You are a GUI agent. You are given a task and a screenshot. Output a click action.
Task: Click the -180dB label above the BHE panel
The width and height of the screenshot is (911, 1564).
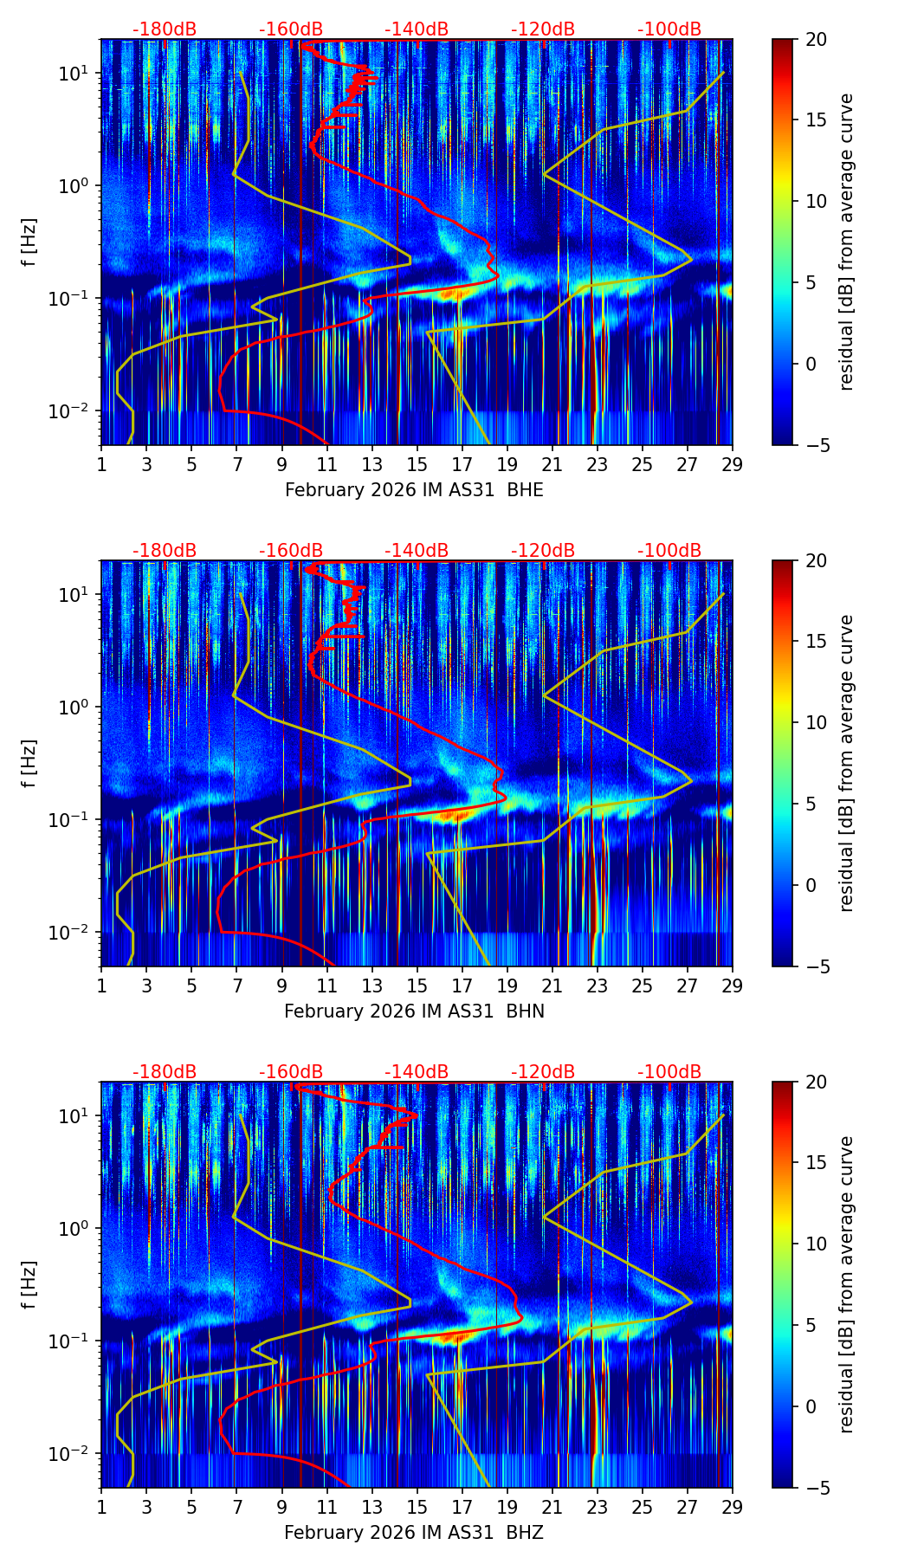click(165, 29)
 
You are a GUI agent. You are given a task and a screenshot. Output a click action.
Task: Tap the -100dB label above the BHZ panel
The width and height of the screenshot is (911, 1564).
click(669, 1072)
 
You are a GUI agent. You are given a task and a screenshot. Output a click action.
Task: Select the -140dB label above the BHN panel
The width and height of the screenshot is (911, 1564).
click(417, 551)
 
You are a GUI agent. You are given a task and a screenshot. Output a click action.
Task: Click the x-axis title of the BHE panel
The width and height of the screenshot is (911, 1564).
click(414, 490)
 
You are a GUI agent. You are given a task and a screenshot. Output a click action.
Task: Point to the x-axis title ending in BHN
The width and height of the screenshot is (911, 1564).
click(414, 1011)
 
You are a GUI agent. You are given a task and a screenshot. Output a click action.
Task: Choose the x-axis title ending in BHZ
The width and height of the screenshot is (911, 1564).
click(414, 1533)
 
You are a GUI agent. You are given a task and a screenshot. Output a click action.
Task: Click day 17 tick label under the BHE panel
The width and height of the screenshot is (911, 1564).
click(462, 463)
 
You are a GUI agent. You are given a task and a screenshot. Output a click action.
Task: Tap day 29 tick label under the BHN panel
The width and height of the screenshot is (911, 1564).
click(732, 985)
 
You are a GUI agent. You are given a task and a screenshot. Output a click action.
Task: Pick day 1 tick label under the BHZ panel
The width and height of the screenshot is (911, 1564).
click(101, 1506)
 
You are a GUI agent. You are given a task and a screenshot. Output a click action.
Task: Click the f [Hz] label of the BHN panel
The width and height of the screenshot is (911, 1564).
click(30, 763)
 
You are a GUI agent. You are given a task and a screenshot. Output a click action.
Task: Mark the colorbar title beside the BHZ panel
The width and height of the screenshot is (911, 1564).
click(846, 1284)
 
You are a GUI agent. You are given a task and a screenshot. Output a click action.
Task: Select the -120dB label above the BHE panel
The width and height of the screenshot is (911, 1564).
click(543, 29)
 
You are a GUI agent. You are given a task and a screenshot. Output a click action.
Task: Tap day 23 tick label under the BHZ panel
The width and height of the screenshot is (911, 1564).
click(597, 1506)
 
